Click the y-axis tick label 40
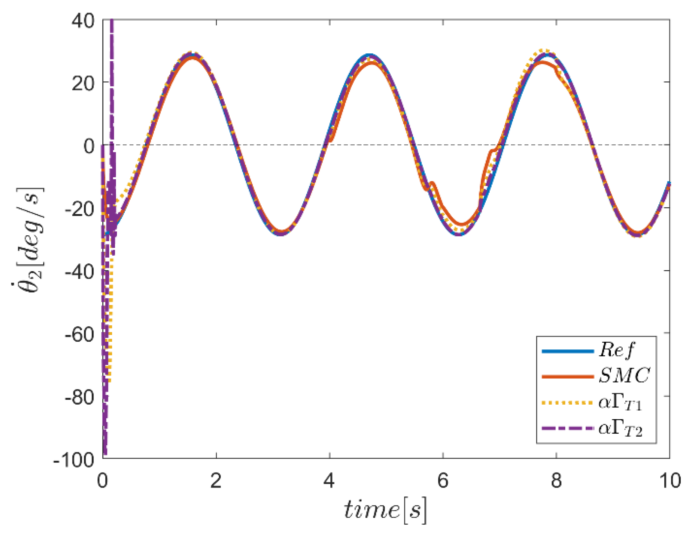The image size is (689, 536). (x=83, y=22)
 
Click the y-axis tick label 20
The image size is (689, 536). (x=83, y=84)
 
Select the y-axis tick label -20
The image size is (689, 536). (x=80, y=210)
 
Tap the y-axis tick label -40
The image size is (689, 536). (x=80, y=272)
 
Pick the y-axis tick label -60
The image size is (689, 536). (x=80, y=335)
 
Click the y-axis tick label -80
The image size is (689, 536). (x=80, y=398)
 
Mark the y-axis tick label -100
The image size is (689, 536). (x=74, y=461)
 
